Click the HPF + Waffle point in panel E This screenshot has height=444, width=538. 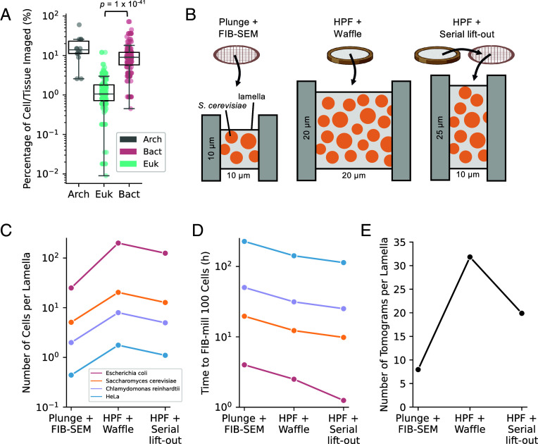tap(470, 257)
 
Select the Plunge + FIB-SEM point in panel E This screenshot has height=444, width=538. tap(418, 369)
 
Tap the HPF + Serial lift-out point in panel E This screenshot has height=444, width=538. tap(522, 313)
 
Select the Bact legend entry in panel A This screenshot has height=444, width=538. tap(141, 152)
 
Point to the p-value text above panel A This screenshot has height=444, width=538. tap(118, 4)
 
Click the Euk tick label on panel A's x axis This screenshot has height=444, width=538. tap(104, 195)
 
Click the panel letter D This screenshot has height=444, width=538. tap(198, 230)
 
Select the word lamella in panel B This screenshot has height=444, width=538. tap(251, 97)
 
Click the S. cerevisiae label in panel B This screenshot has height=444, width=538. tap(223, 106)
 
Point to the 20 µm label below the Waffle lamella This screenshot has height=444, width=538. tap(354, 175)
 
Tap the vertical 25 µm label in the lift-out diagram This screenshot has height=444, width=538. tap(440, 128)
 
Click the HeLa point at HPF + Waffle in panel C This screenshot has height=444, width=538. tap(118, 345)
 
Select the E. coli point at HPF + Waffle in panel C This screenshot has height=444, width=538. tap(118, 243)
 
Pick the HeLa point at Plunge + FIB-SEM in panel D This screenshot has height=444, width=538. tap(244, 242)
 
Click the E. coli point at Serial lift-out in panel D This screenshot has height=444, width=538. tap(343, 400)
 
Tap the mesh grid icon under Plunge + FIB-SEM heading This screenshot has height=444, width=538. tap(237, 55)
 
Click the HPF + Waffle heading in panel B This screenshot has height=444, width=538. tap(348, 27)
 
